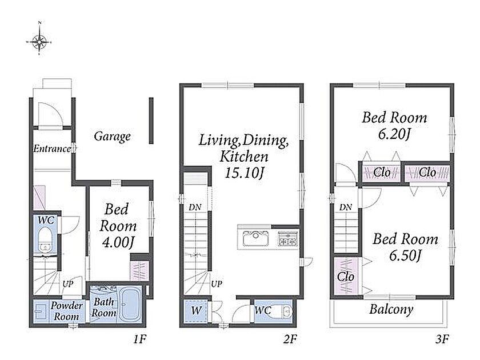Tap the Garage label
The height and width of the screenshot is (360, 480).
point(112,136)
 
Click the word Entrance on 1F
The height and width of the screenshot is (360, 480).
point(52,149)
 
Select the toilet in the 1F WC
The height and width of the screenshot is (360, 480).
point(46,239)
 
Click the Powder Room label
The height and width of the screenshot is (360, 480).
point(66,310)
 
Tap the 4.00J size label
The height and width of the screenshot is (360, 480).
point(118,243)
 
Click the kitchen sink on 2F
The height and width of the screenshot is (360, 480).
point(255,239)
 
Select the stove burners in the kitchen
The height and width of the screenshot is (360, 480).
point(287,239)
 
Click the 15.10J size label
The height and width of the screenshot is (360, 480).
point(244,173)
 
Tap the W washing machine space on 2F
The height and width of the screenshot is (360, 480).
point(196,311)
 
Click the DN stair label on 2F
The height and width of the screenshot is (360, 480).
point(195,207)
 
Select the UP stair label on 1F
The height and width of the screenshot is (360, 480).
point(68,284)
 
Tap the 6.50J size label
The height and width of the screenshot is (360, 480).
point(405,255)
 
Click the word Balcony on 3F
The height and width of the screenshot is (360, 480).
point(391,309)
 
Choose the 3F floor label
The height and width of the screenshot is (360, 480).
point(442,339)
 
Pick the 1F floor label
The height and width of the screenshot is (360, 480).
point(140,339)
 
